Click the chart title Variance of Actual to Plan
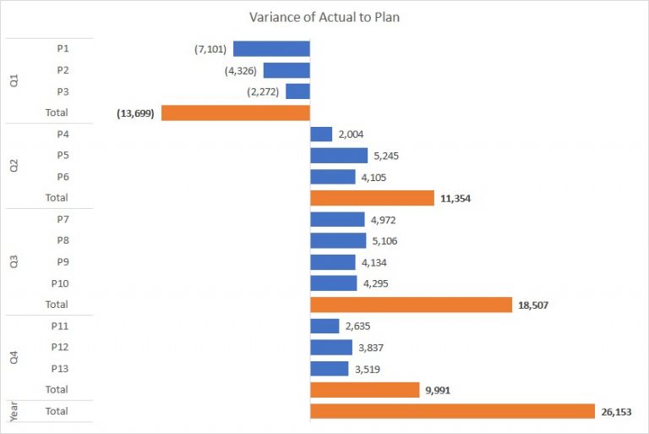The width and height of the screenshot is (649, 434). click(324, 17)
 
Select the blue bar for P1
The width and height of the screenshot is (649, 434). click(271, 48)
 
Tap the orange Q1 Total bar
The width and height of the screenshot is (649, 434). click(236, 113)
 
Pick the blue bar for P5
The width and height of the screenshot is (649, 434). click(339, 156)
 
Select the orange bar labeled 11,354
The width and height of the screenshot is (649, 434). click(372, 198)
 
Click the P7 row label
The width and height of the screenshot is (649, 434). click(63, 219)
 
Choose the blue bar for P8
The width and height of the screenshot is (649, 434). click(339, 241)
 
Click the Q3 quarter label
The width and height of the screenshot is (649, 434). click(14, 261)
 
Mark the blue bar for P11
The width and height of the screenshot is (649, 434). click(325, 326)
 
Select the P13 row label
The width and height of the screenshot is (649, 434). click(59, 368)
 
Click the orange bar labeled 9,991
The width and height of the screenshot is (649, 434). click(365, 390)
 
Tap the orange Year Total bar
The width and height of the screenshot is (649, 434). click(453, 411)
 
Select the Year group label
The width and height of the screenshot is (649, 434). click(14, 412)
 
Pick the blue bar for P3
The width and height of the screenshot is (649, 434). click(297, 91)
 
